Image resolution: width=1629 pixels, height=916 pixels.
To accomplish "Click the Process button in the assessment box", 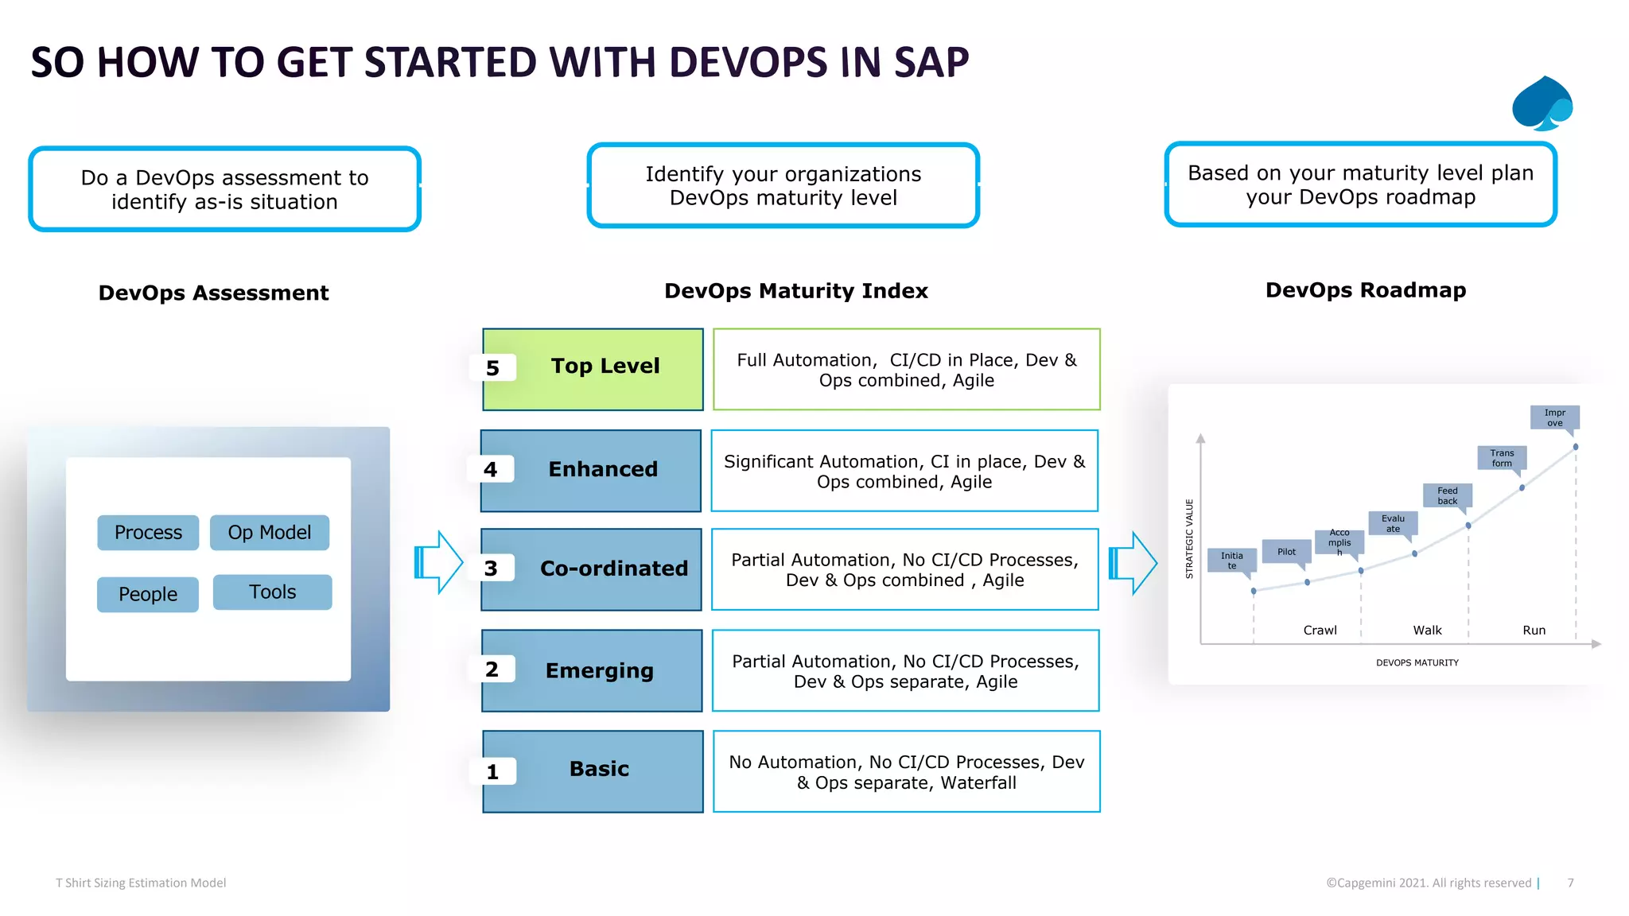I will [148, 532].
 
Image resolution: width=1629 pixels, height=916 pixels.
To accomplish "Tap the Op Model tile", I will [270, 532].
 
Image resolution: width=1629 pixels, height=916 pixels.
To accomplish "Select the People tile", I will [148, 594].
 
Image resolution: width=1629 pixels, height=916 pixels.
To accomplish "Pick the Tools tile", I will [272, 592].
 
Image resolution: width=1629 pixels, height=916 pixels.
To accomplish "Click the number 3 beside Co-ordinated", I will [492, 569].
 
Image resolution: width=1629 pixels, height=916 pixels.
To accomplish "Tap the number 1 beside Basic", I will [493, 771].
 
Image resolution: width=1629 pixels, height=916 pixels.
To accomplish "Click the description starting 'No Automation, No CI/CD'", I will [906, 771].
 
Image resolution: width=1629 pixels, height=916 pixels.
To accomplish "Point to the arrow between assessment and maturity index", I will [438, 562].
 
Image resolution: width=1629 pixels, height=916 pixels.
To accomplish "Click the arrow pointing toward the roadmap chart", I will [1133, 563].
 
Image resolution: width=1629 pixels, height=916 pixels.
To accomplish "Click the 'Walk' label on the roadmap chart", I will [1427, 630].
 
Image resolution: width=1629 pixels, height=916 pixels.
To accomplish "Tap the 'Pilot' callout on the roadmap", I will [1286, 552].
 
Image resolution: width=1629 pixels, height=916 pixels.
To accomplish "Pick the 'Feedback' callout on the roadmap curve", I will [1447, 495].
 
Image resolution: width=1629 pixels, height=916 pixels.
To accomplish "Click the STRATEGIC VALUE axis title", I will [1190, 538].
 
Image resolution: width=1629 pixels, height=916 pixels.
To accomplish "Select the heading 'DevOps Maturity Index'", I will [795, 291].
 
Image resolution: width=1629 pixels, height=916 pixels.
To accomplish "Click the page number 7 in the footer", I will [1570, 883].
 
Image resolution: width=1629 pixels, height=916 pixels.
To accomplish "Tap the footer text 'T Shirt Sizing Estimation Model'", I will [141, 883].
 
